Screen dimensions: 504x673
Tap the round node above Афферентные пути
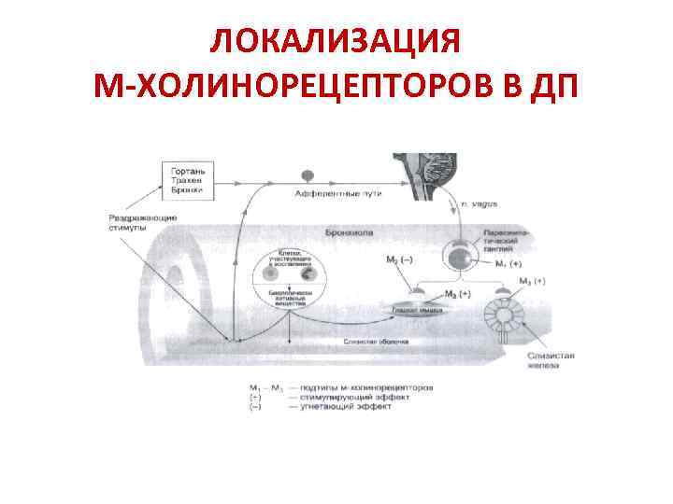[306, 175]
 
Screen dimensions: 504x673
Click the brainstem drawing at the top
[435, 168]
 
